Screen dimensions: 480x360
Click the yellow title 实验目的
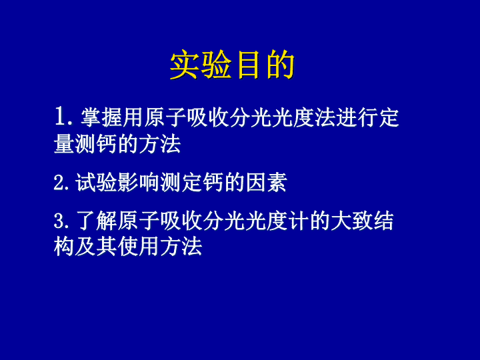[232, 65]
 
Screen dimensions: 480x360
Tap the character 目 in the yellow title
[248, 65]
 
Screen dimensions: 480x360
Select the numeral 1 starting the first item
[60, 117]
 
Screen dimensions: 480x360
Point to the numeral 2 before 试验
[59, 183]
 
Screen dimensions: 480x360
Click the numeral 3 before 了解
[59, 221]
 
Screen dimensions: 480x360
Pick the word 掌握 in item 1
[101, 117]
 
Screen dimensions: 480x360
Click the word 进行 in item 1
[357, 117]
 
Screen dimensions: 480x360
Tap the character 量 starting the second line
[64, 143]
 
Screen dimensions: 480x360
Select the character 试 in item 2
[86, 183]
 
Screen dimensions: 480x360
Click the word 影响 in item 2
[128, 183]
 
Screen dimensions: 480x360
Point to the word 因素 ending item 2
[266, 183]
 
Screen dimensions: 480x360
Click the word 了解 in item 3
[97, 221]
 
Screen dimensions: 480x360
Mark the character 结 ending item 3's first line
[383, 221]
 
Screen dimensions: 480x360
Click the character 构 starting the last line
[64, 247]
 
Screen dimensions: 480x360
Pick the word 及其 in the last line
[96, 247]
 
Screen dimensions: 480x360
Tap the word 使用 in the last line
[139, 247]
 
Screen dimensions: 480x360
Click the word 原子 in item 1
[165, 117]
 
